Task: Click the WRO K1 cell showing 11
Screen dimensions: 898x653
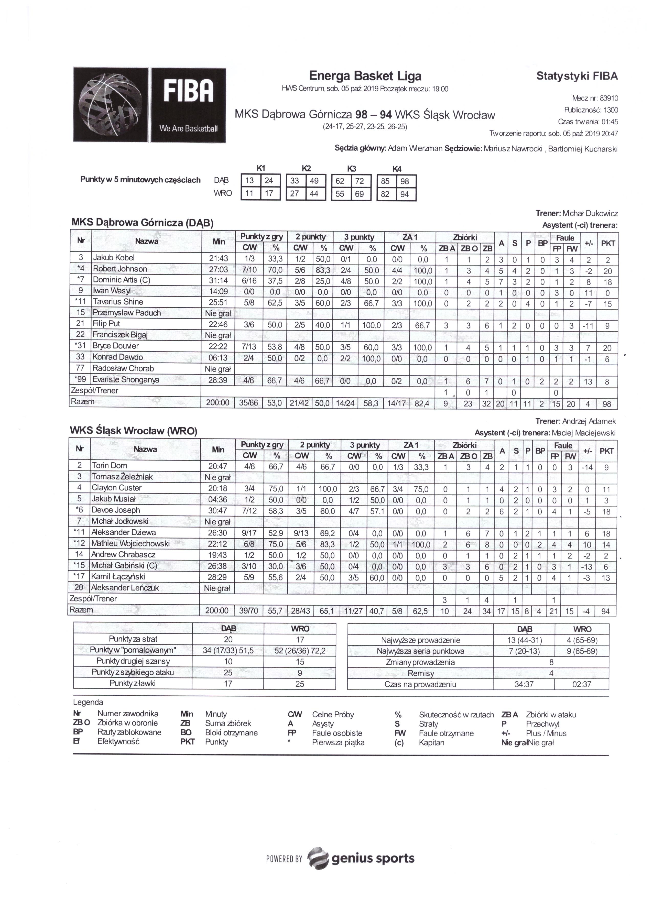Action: (249, 194)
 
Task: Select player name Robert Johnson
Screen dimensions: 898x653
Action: (120, 269)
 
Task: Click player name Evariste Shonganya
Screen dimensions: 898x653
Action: (126, 380)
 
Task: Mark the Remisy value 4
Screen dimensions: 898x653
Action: (551, 673)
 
